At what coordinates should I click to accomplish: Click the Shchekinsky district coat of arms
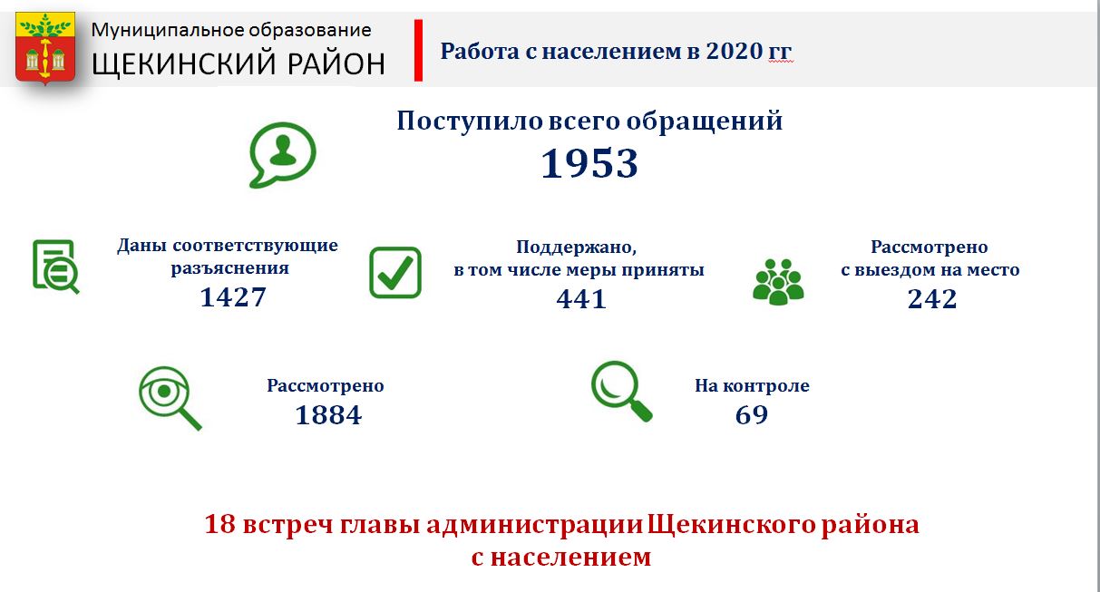(x=45, y=48)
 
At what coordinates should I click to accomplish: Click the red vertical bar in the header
(x=418, y=50)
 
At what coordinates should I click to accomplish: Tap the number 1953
(x=589, y=163)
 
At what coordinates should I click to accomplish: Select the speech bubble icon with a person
(x=282, y=155)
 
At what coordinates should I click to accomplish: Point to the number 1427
(x=233, y=297)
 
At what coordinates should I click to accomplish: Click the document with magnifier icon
(x=56, y=267)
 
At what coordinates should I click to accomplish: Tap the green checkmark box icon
(x=395, y=273)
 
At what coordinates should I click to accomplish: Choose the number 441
(x=581, y=299)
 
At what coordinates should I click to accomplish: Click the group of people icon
(x=778, y=282)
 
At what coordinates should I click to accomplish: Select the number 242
(x=932, y=298)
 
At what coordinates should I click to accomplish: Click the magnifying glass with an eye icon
(x=170, y=398)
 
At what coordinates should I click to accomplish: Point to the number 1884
(x=328, y=415)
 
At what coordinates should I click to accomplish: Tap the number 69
(x=752, y=415)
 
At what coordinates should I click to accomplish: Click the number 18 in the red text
(x=220, y=524)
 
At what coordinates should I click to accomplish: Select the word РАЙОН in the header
(x=336, y=63)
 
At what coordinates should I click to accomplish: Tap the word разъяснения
(x=229, y=268)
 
